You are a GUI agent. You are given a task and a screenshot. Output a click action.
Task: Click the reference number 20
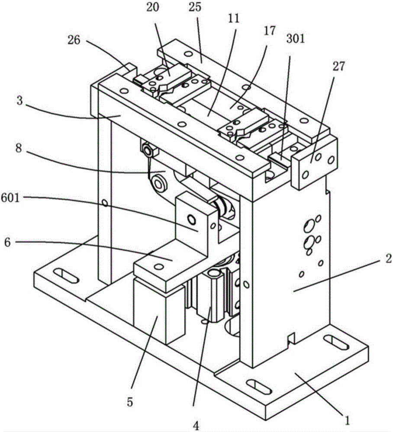[x=153, y=7]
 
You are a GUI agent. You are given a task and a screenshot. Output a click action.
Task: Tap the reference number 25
[x=195, y=7]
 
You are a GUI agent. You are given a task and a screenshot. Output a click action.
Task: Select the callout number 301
[x=296, y=38]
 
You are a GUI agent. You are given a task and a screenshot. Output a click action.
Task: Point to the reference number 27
[x=339, y=67]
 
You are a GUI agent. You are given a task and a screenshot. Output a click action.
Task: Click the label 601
[x=10, y=197]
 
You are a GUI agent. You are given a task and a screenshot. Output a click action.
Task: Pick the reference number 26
[x=74, y=41]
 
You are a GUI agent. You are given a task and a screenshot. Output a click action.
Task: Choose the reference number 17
[x=269, y=31]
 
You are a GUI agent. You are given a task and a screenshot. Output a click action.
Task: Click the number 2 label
[x=388, y=259]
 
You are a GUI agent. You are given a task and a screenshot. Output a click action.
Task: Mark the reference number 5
[x=130, y=402]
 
